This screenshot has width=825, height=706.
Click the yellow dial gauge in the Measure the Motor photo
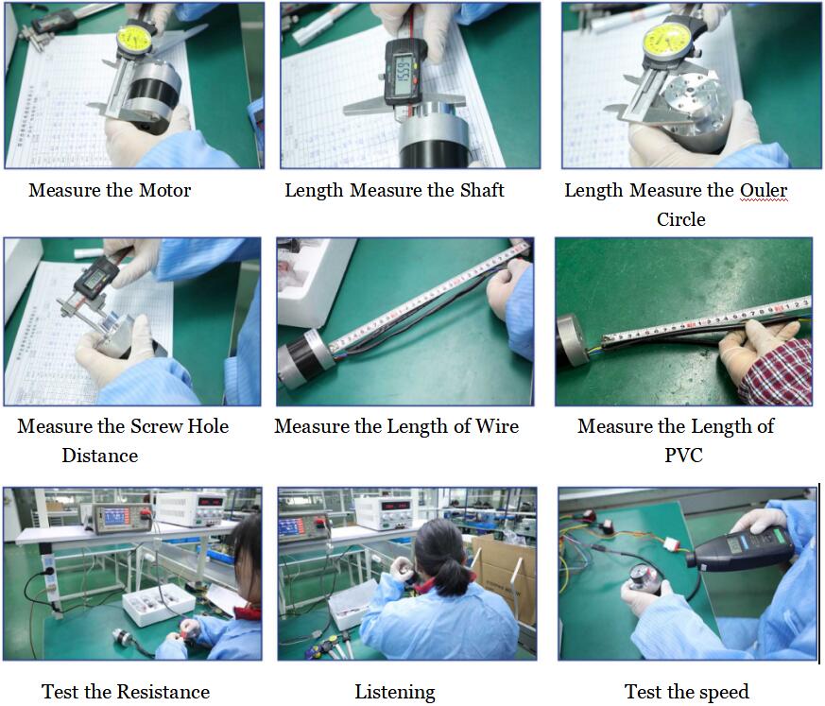pos(135,39)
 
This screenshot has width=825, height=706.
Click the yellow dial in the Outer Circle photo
pos(667,41)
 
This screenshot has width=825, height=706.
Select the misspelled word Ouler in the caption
pos(764,191)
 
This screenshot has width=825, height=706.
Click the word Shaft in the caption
pos(482,190)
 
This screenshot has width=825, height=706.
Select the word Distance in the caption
pos(100,456)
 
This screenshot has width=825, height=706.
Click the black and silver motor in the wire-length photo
pos(307,356)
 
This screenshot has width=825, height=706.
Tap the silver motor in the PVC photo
pos(574,339)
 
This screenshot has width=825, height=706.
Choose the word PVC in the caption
pos(683,456)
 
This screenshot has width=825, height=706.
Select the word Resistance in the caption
pos(163,692)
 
